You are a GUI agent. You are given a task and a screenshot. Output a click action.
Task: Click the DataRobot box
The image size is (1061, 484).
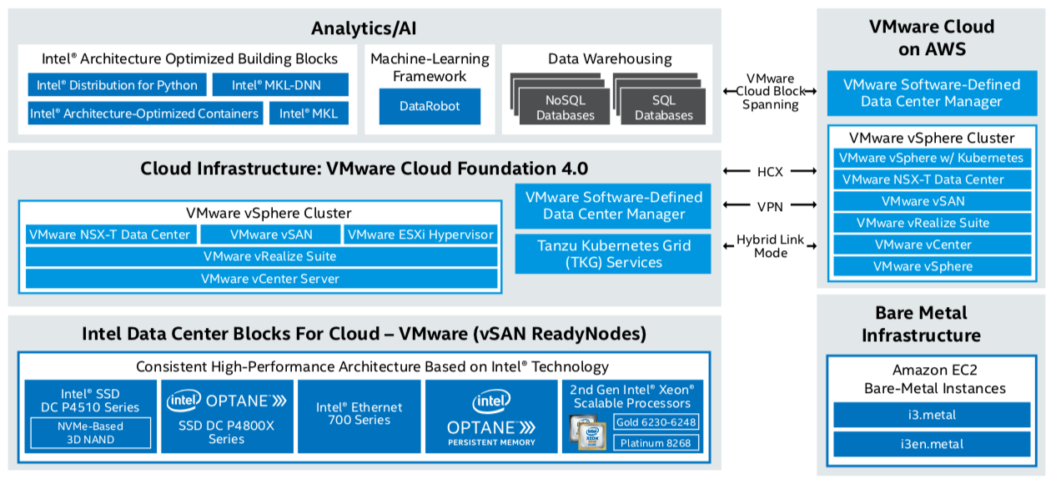(430, 107)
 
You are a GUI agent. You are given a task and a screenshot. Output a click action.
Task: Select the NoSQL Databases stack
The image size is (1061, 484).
(565, 108)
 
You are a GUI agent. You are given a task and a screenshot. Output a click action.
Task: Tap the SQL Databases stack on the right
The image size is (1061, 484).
(663, 108)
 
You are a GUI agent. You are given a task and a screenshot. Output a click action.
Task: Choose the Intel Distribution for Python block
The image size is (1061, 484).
(117, 85)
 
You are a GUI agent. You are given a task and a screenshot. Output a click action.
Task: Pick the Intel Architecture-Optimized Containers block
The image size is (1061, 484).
(144, 113)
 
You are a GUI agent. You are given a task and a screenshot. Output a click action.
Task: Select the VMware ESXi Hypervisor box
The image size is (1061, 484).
(420, 234)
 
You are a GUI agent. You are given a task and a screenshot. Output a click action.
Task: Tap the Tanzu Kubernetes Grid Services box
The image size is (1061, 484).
(613, 254)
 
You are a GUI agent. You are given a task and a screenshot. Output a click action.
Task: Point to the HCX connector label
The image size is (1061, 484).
(771, 172)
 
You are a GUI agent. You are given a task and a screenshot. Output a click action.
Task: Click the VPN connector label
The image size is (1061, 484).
(771, 205)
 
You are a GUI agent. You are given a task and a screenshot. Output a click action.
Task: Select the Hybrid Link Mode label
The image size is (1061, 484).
(771, 245)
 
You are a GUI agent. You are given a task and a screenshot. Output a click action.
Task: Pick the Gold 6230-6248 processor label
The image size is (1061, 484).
(656, 422)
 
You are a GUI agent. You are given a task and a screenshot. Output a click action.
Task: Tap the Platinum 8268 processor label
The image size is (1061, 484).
(656, 443)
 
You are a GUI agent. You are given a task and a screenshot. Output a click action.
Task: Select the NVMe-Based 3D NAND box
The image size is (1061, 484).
(90, 432)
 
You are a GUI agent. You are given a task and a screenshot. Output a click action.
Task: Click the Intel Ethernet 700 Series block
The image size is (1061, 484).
(359, 414)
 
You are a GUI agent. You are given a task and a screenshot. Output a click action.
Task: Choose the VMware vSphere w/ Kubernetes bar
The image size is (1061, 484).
(931, 158)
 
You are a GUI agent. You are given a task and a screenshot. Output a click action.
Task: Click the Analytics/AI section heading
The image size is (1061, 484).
(364, 28)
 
